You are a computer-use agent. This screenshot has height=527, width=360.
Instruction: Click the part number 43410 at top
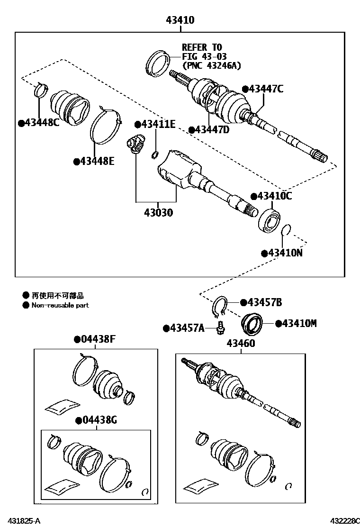pos(180,20)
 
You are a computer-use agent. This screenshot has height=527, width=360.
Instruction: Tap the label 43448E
pos(97,161)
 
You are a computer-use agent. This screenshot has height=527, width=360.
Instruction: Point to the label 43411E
pos(158,125)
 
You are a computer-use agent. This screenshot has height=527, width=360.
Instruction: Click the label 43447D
pos(212,129)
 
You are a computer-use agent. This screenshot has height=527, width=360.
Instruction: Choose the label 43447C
pos(266,89)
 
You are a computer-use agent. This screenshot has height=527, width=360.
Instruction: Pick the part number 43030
pos(155,212)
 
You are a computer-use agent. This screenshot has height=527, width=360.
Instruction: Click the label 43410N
pos(285,253)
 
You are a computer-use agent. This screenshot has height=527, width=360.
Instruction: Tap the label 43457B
pos(264,302)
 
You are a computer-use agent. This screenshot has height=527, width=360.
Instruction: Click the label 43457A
pos(186,328)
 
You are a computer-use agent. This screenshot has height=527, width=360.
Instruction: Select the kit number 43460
pos(240,343)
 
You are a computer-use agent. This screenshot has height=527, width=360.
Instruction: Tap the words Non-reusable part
pos(60,306)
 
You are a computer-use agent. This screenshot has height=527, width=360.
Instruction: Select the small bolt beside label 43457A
pos(220,327)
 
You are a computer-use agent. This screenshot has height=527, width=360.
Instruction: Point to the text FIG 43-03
pos(204,56)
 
